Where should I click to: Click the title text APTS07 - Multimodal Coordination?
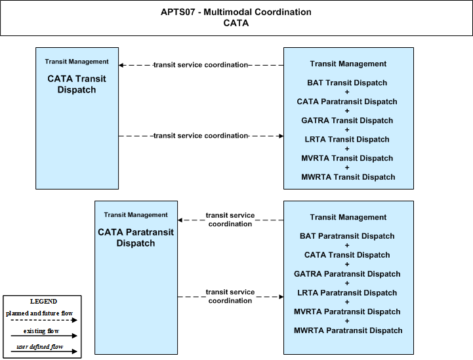[x=236, y=12]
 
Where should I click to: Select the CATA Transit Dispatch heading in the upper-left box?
[x=77, y=84]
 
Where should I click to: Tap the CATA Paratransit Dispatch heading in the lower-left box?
[x=136, y=237]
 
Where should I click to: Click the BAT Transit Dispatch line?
[x=347, y=83]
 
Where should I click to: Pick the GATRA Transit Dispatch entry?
[x=347, y=120]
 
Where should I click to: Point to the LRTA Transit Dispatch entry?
[x=347, y=139]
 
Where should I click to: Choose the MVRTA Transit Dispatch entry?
[x=347, y=158]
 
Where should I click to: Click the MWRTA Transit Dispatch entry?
[x=348, y=177]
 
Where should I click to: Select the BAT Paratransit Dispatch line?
[x=347, y=236]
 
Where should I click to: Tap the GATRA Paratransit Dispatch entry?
[x=347, y=273]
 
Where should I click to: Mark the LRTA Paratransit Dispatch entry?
[x=347, y=292]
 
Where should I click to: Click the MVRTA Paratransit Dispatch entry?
[x=347, y=311]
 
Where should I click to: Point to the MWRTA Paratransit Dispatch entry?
[x=348, y=330]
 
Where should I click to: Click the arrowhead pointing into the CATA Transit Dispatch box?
[x=121, y=65]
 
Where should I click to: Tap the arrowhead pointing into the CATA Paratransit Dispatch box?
[x=180, y=220]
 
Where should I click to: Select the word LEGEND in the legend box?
[x=43, y=301]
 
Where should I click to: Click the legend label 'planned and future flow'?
[x=39, y=313]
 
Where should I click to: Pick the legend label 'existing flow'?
[x=41, y=331]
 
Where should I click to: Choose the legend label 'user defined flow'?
[x=40, y=347]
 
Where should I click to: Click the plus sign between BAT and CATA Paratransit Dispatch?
[x=347, y=92]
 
